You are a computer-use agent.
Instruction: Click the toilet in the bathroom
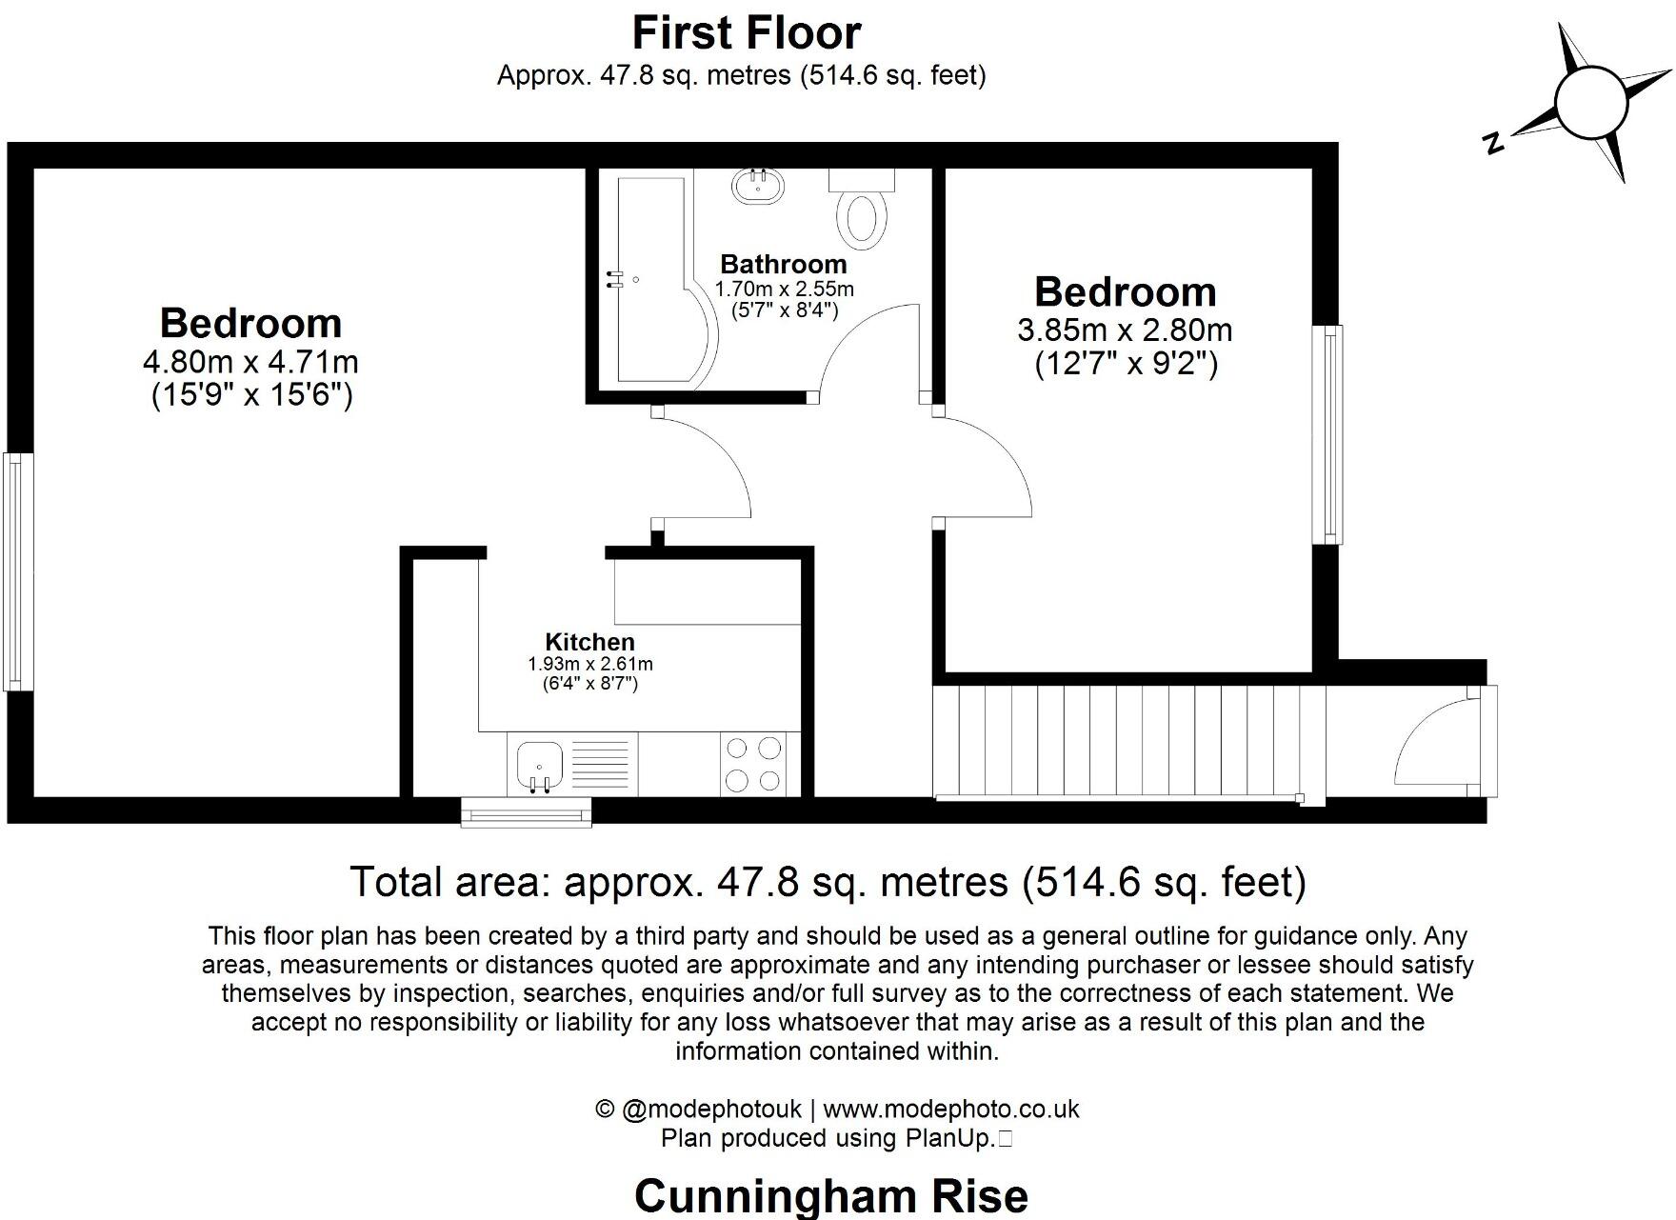[862, 211]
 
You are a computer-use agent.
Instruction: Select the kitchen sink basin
[539, 764]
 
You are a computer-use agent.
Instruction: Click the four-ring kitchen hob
[752, 764]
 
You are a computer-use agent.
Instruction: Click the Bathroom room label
[783, 264]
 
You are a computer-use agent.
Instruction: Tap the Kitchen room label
[589, 642]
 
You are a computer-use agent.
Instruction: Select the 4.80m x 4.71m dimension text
[249, 362]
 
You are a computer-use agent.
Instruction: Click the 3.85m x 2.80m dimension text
[1125, 330]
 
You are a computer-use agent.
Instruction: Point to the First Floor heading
[746, 33]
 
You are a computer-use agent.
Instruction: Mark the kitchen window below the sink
[526, 811]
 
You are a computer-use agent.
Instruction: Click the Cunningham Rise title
[830, 1195]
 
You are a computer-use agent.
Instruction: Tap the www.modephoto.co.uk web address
[950, 1110]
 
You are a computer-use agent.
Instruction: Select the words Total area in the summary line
[450, 882]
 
